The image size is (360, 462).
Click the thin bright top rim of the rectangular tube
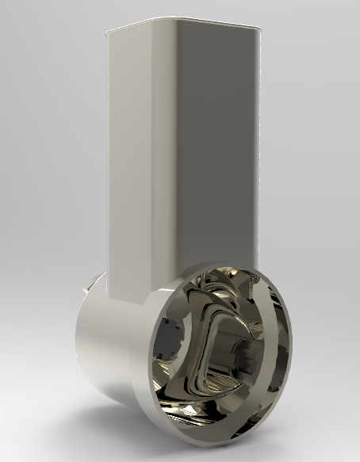pos(182,24)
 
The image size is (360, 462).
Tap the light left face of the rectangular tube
pos(131,158)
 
